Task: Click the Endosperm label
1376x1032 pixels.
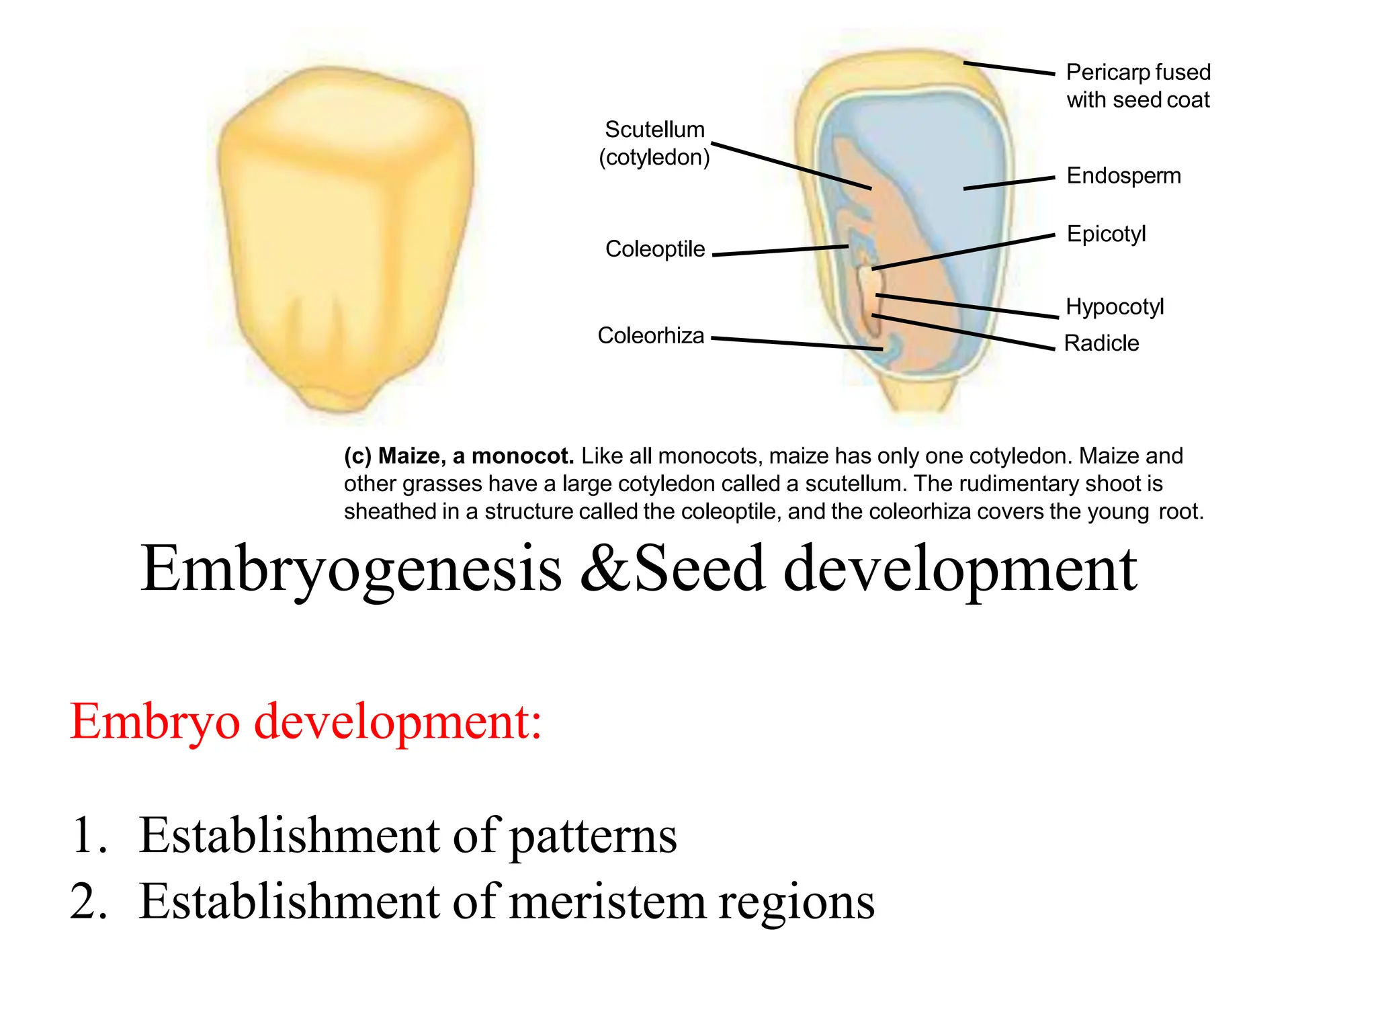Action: coord(1123,176)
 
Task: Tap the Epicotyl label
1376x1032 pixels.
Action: coord(1106,234)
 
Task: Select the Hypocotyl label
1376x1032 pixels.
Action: coord(1115,306)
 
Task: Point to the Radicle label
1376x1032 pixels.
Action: coord(1102,343)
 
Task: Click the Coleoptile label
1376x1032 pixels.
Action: coord(655,249)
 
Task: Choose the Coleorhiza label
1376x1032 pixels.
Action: coord(650,335)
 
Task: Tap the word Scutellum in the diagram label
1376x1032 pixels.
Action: coord(654,130)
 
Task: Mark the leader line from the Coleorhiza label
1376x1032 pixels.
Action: coord(796,343)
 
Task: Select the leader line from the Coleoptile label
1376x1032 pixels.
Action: coord(779,251)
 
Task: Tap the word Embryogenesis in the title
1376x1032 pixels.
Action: coord(351,570)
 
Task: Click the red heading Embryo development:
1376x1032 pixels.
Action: coord(306,722)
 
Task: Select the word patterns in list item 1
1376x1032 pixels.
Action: coord(593,836)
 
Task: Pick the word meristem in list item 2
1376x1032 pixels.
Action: coord(607,902)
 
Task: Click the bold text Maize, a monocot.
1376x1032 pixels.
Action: coord(476,456)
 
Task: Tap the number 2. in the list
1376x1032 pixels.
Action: coord(89,902)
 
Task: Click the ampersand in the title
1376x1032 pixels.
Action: coord(605,570)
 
